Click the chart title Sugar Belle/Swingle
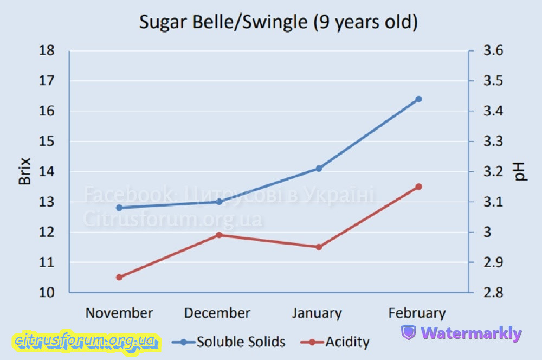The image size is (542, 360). coord(278,23)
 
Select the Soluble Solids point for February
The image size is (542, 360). coord(418,99)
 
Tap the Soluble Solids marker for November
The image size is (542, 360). coord(119,208)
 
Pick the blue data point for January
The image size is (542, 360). coord(319,169)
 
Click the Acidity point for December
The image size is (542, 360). coord(220,235)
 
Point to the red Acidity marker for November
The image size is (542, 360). coord(119,277)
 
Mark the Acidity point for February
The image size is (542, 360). coord(418,187)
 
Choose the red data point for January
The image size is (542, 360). coord(319,247)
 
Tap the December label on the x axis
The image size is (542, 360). coord(217,313)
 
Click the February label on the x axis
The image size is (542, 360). coord(417,313)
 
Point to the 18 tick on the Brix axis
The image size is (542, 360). coord(47,51)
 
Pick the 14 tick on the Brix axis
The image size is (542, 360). coord(47,172)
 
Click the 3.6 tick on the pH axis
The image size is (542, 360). coord(493,51)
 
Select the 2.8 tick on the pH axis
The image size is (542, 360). coord(493,293)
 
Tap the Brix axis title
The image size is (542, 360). coord(25,171)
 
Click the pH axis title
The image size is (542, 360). coord(521,171)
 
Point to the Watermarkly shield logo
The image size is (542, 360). coord(408,333)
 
